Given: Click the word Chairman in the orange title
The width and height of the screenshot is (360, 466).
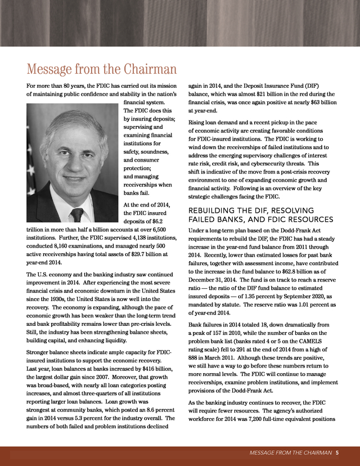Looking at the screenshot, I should [147, 70].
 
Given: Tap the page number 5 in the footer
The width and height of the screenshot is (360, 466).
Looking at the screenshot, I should [337, 452].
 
